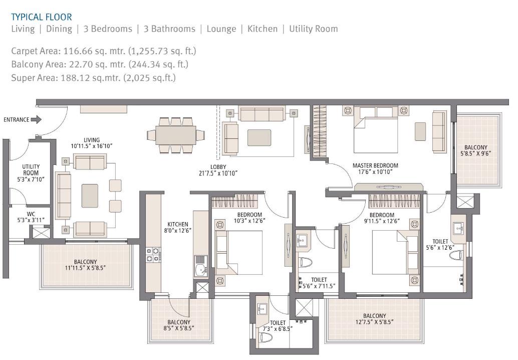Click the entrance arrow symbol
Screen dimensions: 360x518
[x=36, y=119]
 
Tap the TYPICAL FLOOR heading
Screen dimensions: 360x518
[x=41, y=17]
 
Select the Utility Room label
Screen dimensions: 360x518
[x=31, y=170]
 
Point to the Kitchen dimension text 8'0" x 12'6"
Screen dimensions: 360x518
[x=178, y=231]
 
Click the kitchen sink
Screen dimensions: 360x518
[x=200, y=266]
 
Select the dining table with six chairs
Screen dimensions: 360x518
[x=176, y=135]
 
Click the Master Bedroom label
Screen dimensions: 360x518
[x=375, y=165]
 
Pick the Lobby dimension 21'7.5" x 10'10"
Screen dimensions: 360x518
[x=218, y=173]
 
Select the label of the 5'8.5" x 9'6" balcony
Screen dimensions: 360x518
[x=475, y=150]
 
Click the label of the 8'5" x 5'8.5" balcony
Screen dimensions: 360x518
[x=178, y=325]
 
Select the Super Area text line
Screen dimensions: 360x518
[x=93, y=77]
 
